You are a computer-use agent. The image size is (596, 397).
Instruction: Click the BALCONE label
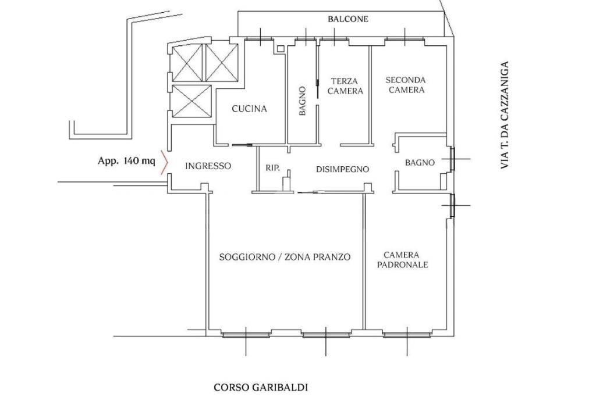pyautogui.click(x=348, y=19)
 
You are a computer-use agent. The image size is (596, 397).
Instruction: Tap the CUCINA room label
pyautogui.click(x=249, y=109)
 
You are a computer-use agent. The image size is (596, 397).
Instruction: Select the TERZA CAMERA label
pyautogui.click(x=345, y=86)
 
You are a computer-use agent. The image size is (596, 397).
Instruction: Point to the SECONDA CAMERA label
pyautogui.click(x=406, y=85)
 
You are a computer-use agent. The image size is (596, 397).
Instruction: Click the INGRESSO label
pyautogui.click(x=208, y=166)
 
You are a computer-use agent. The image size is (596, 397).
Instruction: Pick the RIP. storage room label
pyautogui.click(x=272, y=168)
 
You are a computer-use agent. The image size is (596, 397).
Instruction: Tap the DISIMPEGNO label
pyautogui.click(x=342, y=169)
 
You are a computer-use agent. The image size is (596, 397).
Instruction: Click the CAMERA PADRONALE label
pyautogui.click(x=402, y=260)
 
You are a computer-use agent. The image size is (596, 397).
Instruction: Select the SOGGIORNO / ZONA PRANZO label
pyautogui.click(x=285, y=257)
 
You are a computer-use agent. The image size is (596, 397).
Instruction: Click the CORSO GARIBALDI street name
pyautogui.click(x=261, y=388)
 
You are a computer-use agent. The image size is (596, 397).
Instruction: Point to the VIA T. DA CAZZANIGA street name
pyautogui.click(x=505, y=115)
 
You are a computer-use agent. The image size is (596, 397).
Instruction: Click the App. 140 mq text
pyautogui.click(x=126, y=161)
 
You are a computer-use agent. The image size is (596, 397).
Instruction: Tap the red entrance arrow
pyautogui.click(x=164, y=162)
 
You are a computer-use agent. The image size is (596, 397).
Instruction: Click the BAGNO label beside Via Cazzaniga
pyautogui.click(x=420, y=163)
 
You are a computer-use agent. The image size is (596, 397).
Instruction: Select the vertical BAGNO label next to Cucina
pyautogui.click(x=303, y=101)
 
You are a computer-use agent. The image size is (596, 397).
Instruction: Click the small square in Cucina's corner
pyautogui.click(x=281, y=49)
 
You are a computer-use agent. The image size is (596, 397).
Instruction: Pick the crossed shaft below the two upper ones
pyautogui.click(x=191, y=101)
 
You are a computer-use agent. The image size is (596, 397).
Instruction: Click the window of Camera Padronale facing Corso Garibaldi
pyautogui.click(x=407, y=335)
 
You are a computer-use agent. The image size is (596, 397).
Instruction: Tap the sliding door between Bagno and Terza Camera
pyautogui.click(x=317, y=89)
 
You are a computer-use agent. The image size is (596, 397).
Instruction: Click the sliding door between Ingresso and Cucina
pyautogui.click(x=242, y=145)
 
